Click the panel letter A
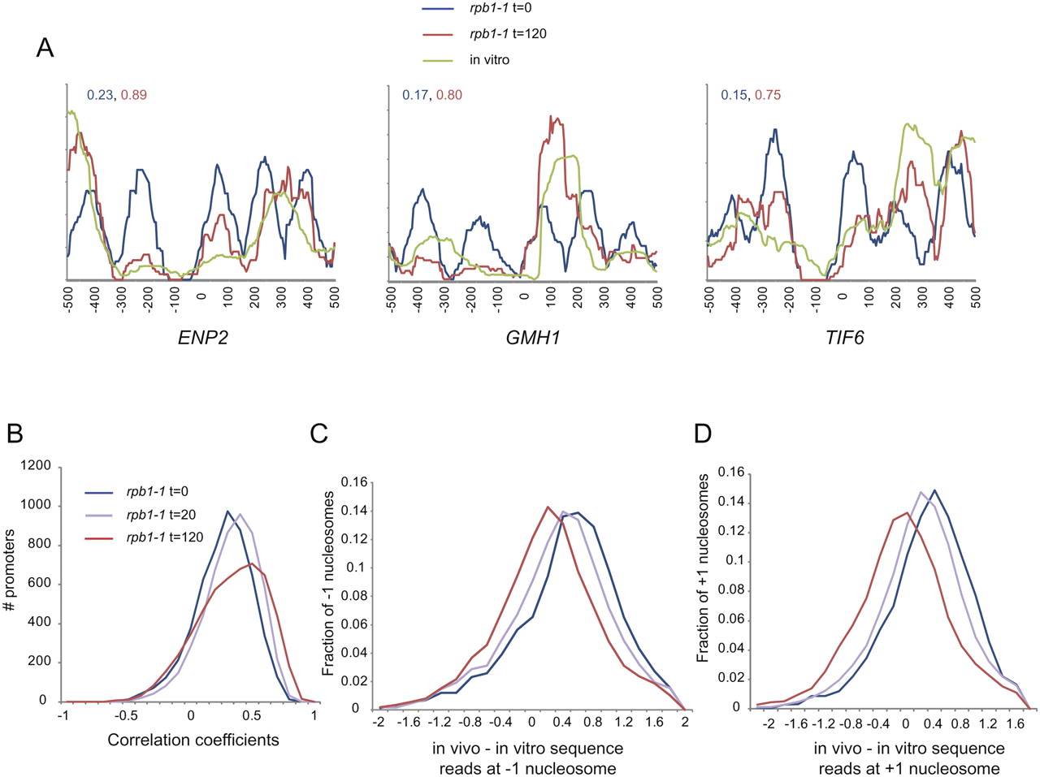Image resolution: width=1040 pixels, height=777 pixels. click(45, 48)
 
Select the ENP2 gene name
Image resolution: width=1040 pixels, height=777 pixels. click(203, 338)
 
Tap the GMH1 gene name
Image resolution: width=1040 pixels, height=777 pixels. click(533, 338)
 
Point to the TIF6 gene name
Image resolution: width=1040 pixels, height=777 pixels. click(844, 338)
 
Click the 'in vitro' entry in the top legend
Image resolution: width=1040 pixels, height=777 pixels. click(489, 59)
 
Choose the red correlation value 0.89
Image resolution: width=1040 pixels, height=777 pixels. click(133, 95)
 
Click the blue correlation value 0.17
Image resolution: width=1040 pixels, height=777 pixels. click(415, 95)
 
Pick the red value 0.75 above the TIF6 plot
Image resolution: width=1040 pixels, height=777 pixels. click(768, 95)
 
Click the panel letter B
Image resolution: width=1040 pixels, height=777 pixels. click(15, 433)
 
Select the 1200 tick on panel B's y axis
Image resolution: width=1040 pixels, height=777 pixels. click(36, 465)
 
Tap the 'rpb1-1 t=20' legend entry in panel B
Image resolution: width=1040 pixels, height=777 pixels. click(161, 514)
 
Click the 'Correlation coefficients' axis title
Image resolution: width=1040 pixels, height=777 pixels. click(193, 739)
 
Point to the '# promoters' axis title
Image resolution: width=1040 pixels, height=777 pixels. click(10, 570)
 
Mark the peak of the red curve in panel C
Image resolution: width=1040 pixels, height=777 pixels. click(548, 507)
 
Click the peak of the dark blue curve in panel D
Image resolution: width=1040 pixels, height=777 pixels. click(934, 490)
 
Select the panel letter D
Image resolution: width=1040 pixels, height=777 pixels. click(703, 433)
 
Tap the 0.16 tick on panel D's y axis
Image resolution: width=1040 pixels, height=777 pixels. click(731, 472)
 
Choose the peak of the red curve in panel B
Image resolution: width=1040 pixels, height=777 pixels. click(251, 563)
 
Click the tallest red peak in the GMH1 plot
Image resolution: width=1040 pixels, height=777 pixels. click(551, 116)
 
